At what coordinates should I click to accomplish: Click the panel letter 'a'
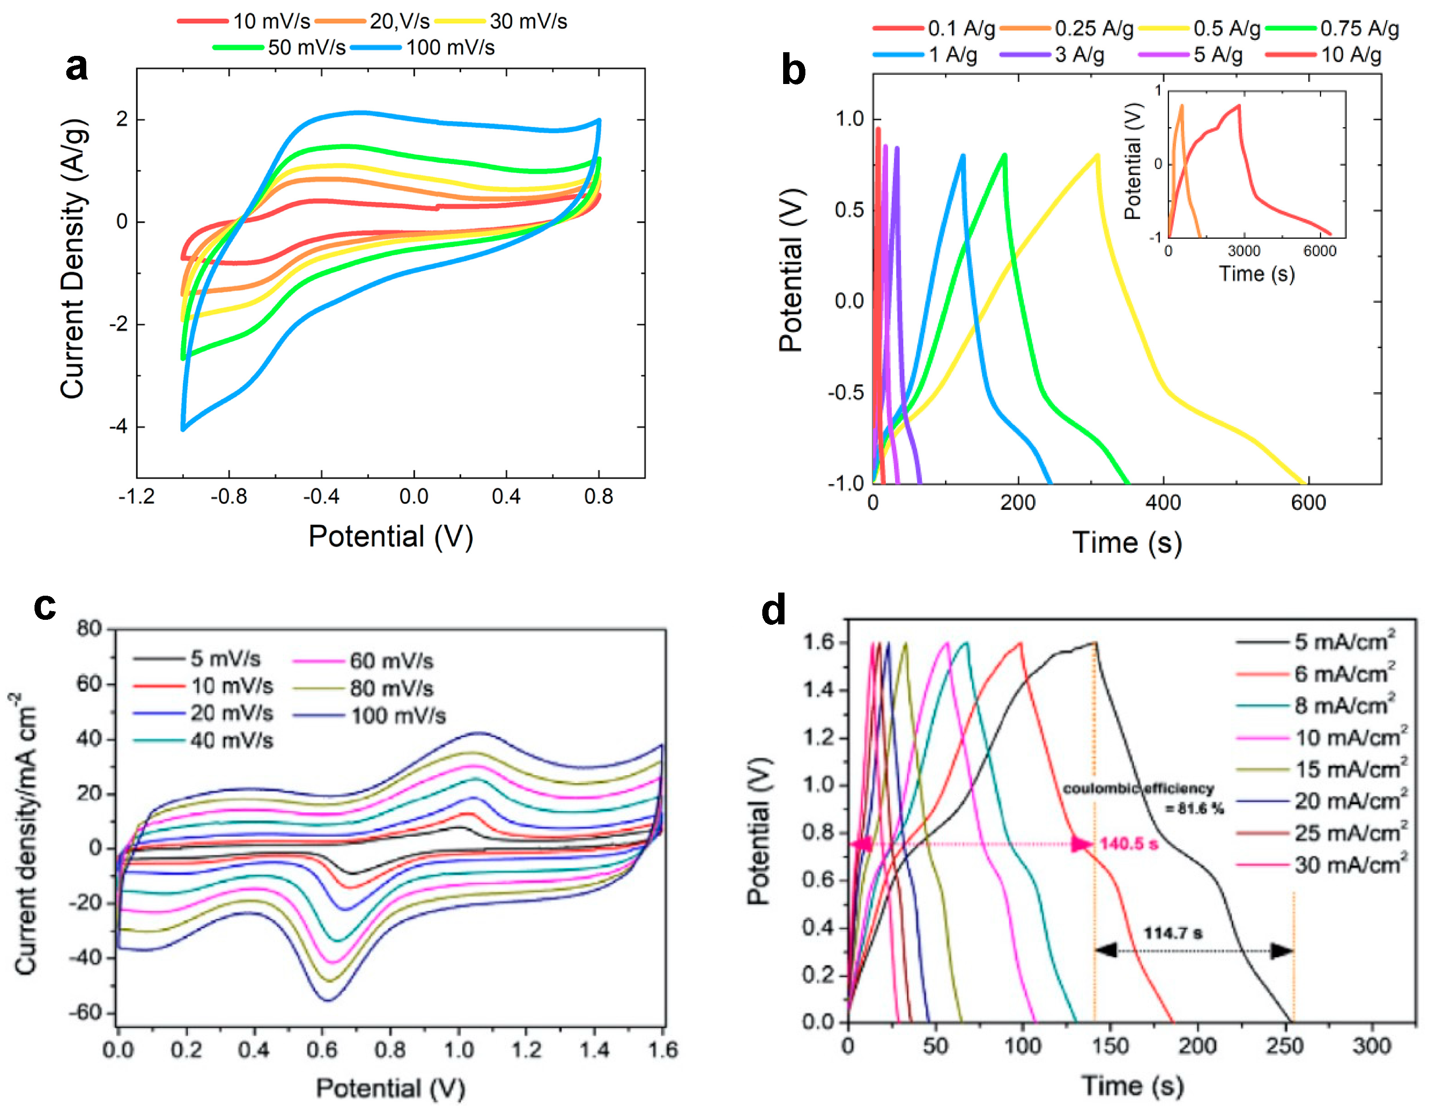coord(76,66)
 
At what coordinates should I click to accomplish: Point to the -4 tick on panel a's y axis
coord(118,427)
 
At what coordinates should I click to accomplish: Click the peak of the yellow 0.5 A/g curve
coord(1097,156)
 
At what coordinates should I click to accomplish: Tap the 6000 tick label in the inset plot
coord(1319,251)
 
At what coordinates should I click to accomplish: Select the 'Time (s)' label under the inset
coord(1257,273)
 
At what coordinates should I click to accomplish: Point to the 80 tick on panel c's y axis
coord(89,629)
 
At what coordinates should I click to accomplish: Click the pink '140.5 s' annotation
coord(1128,843)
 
